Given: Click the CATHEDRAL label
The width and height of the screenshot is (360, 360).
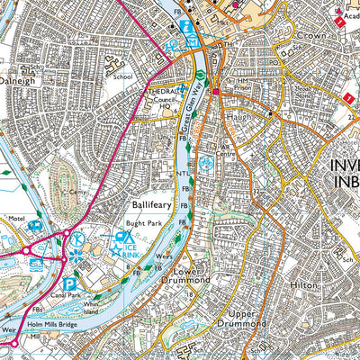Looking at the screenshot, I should pos(154,91).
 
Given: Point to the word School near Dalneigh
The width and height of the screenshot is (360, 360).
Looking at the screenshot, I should pos(122,76).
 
